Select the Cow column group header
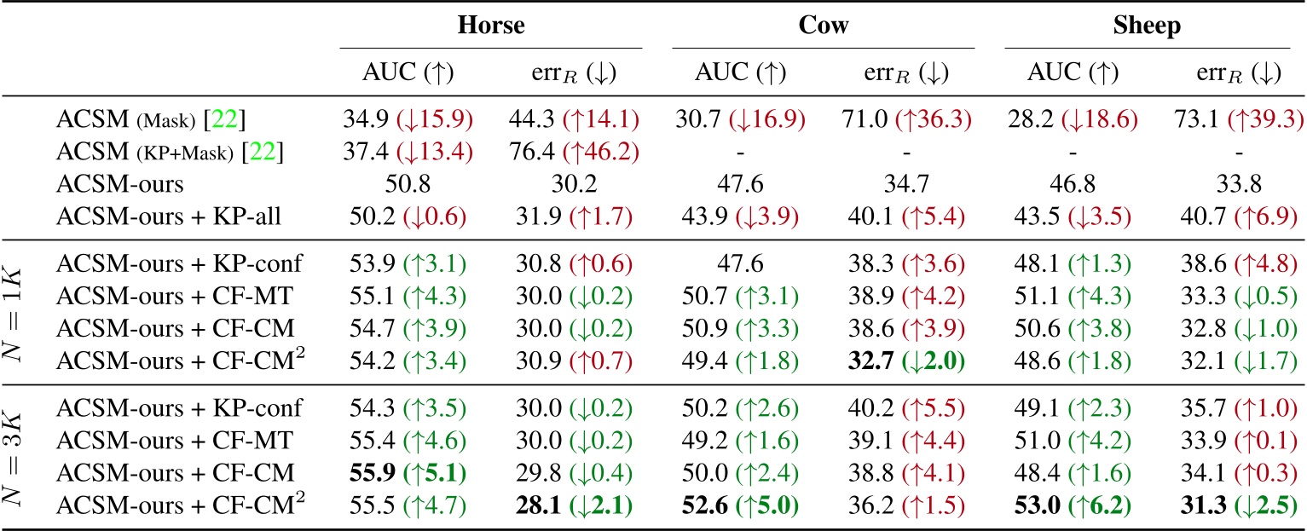823,26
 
